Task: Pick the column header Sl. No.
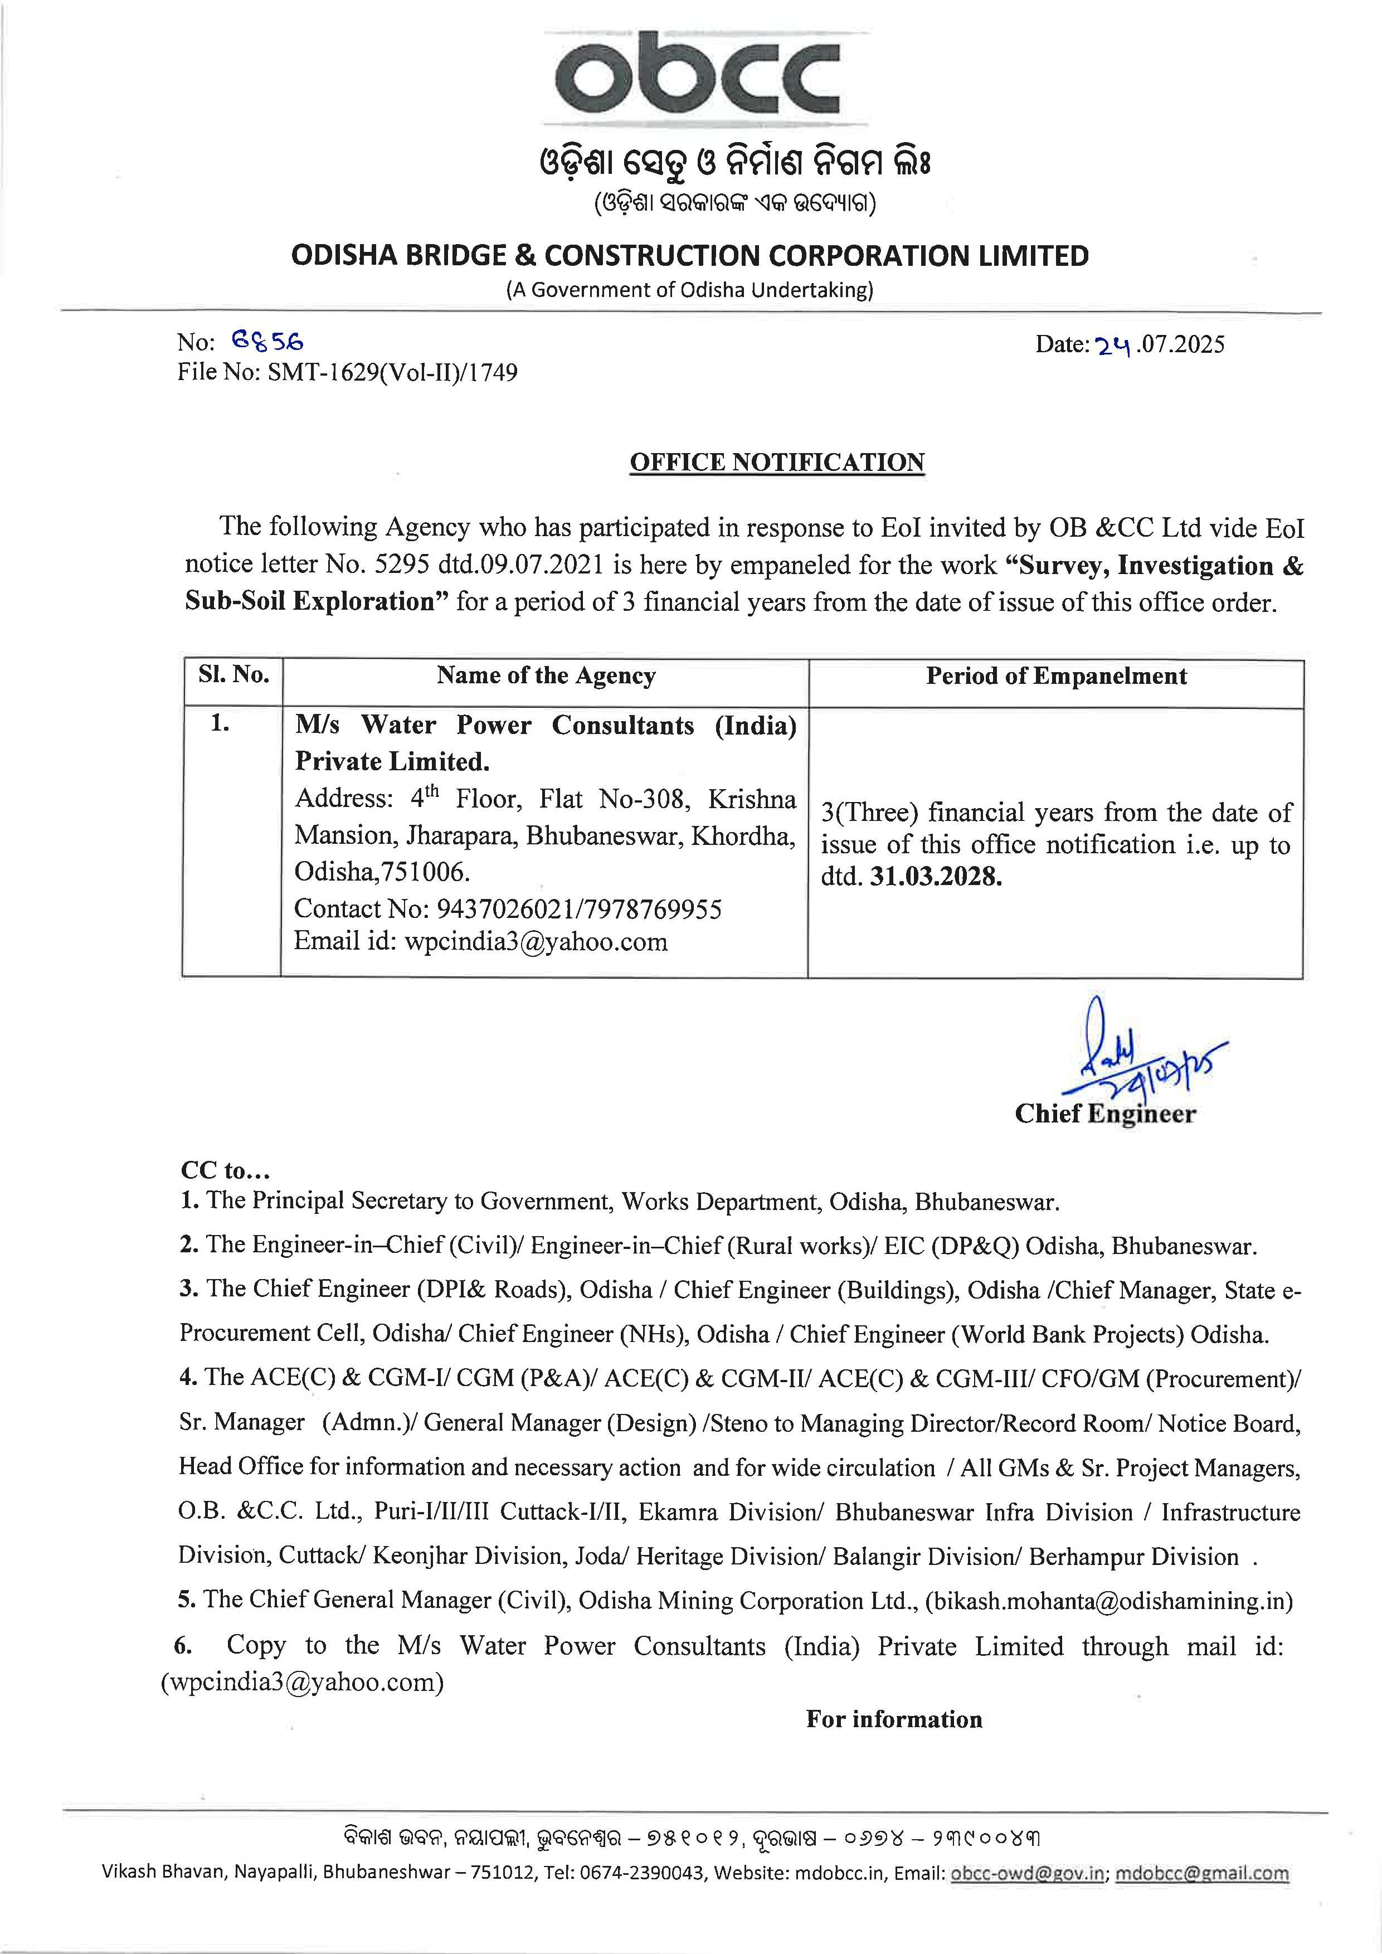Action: (x=234, y=675)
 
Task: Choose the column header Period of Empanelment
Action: (x=1056, y=675)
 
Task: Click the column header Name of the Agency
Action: (x=546, y=675)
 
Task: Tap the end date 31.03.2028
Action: (x=935, y=877)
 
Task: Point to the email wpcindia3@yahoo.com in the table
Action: (x=536, y=941)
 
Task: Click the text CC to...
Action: (x=226, y=1170)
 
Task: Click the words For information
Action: (x=893, y=1719)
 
